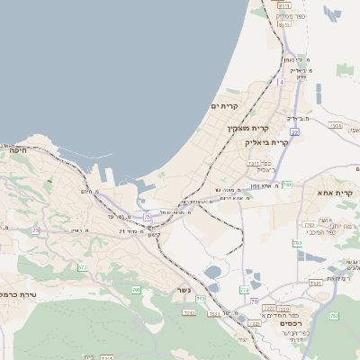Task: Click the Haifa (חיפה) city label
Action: [17, 150]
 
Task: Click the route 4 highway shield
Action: [281, 82]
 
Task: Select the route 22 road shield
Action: [294, 132]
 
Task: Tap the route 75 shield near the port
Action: [147, 217]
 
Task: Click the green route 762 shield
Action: [333, 316]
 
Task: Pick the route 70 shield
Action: [255, 301]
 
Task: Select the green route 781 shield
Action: [287, 184]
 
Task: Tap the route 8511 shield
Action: [284, 5]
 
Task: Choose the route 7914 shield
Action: [336, 126]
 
